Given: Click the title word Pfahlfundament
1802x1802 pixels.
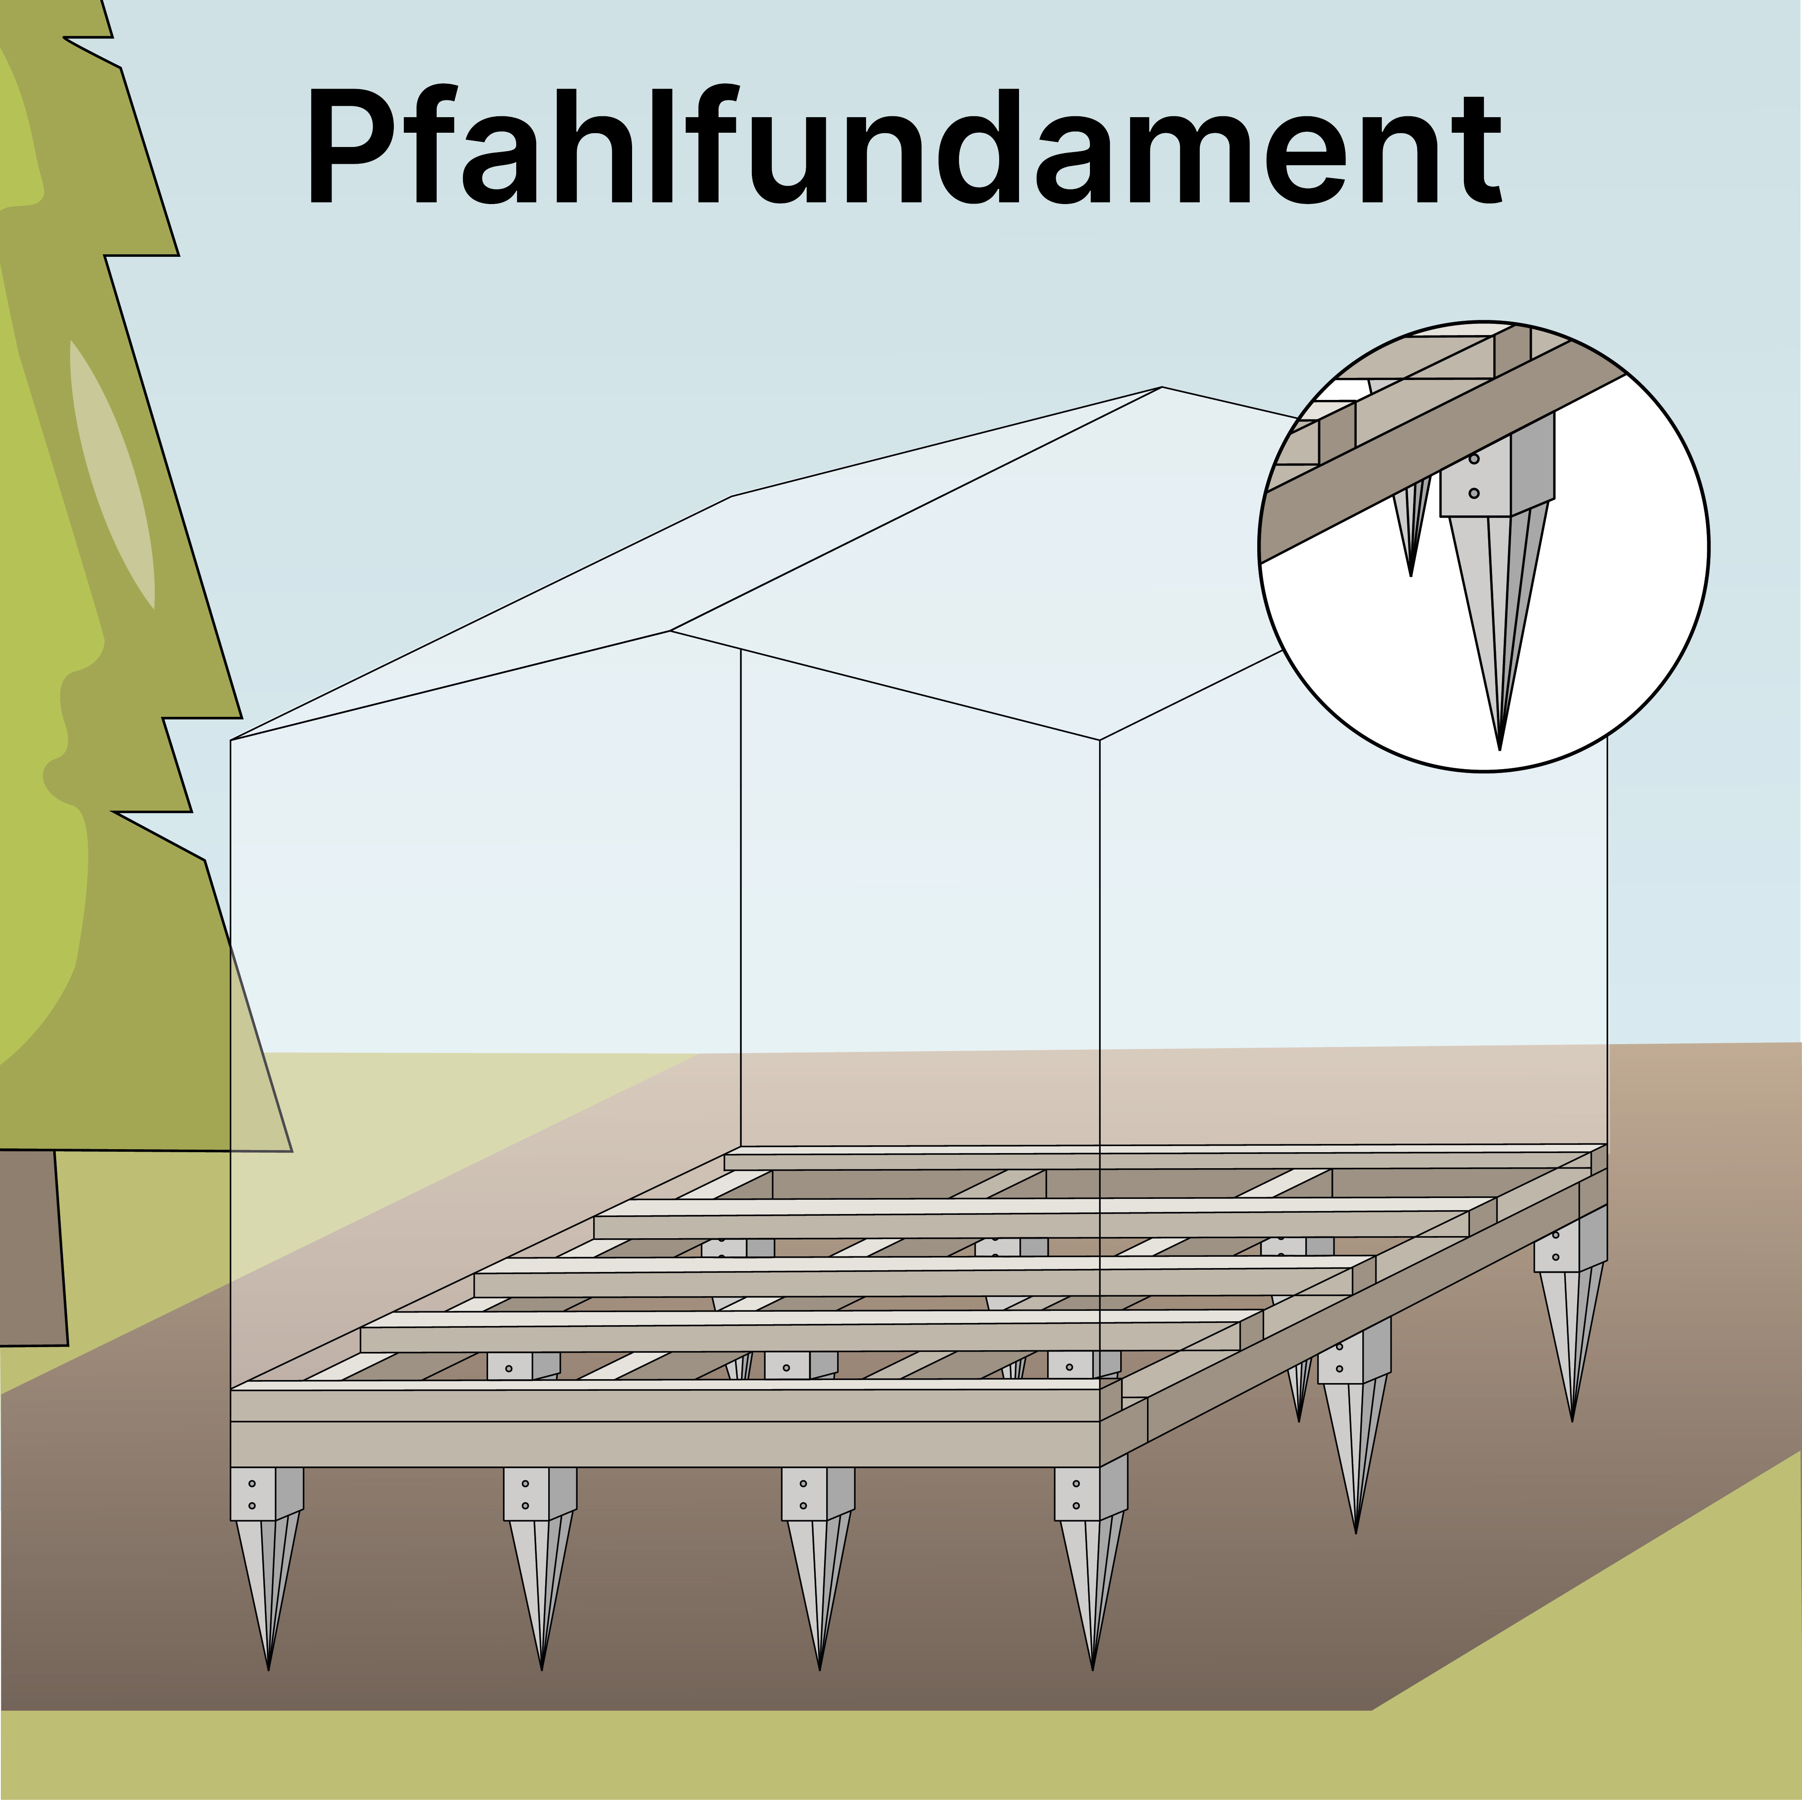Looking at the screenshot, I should click(x=903, y=147).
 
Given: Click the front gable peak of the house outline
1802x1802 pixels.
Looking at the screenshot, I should click(x=671, y=632).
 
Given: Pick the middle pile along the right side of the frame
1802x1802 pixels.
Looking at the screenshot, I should click(x=1354, y=1427).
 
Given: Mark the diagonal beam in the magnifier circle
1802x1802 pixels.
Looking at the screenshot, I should click(x=1436, y=457).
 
